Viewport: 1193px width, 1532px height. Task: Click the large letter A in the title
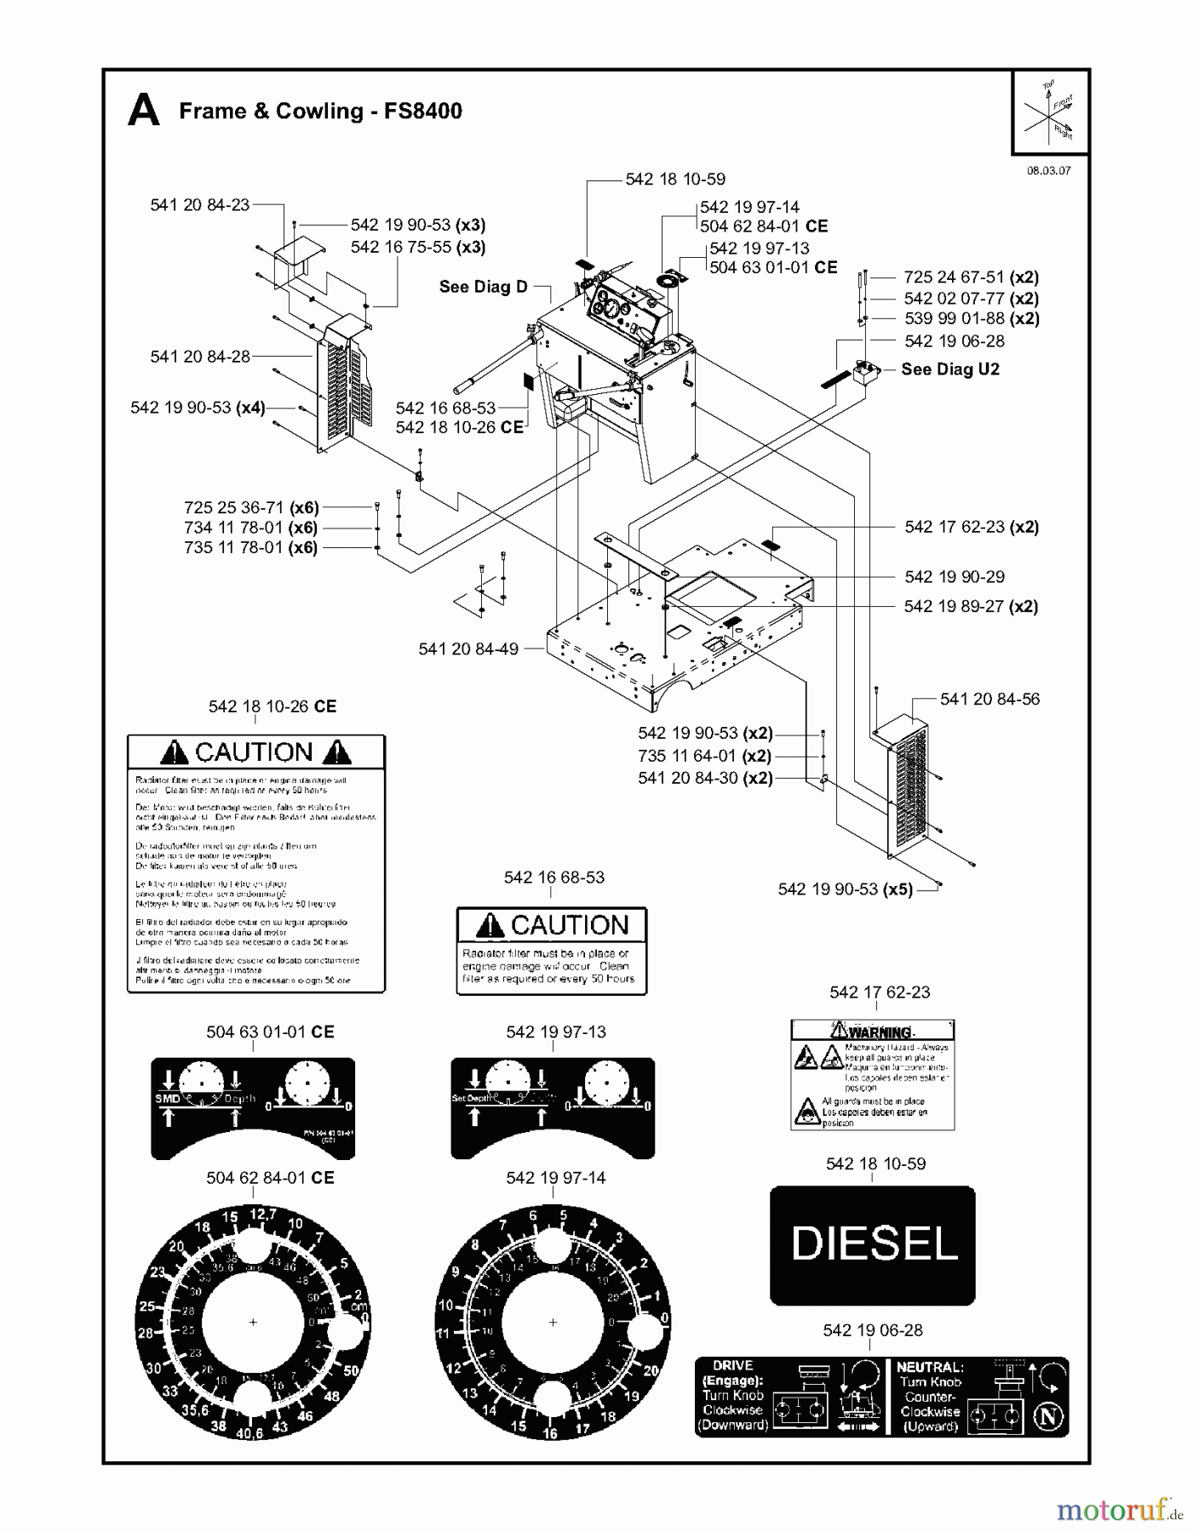(x=143, y=111)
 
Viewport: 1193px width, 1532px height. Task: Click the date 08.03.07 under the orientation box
(x=1048, y=170)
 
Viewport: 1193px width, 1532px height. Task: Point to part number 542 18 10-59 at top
(x=675, y=180)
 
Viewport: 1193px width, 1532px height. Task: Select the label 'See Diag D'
(x=483, y=287)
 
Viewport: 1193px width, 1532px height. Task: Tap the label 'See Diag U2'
(x=949, y=369)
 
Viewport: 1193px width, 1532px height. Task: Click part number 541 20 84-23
(x=199, y=205)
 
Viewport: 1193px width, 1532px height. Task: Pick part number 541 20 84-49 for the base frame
(x=467, y=649)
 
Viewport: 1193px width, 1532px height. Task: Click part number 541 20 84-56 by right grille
(x=989, y=700)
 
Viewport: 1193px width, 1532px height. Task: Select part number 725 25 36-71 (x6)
(x=251, y=508)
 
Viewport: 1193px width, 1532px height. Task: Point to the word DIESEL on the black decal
(x=874, y=1244)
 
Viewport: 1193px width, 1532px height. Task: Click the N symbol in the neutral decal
(x=1048, y=1417)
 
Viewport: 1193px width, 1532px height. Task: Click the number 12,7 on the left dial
(x=261, y=1215)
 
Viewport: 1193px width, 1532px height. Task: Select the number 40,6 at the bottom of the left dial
(x=249, y=1432)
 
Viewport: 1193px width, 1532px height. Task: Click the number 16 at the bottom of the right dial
(x=550, y=1433)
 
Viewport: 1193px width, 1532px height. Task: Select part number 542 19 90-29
(x=954, y=577)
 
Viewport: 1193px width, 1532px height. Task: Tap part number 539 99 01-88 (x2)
(x=971, y=319)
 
